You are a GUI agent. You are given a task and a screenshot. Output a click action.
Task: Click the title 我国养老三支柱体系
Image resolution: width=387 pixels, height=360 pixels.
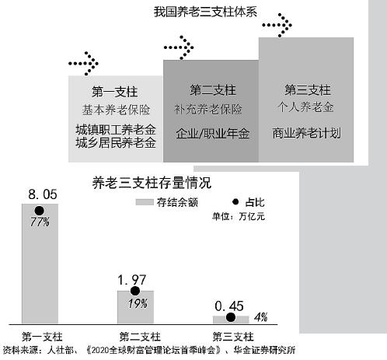205,12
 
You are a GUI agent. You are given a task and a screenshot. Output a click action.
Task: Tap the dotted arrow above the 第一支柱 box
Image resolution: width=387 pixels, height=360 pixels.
83,64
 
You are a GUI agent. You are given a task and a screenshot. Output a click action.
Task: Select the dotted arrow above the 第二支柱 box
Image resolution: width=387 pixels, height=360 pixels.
179,47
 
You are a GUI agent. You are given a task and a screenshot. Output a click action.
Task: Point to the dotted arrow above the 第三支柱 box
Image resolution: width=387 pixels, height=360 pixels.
277,25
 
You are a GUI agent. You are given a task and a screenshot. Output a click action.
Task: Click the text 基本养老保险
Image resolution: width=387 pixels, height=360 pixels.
116,110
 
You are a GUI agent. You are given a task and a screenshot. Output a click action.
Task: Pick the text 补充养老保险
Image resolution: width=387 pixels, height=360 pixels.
208,109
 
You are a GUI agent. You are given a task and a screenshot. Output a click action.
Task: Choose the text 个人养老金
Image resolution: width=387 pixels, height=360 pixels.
305,107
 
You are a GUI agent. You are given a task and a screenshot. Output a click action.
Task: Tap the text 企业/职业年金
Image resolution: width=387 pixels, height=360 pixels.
212,133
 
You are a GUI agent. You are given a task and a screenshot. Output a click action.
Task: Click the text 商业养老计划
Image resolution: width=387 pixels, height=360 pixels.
306,133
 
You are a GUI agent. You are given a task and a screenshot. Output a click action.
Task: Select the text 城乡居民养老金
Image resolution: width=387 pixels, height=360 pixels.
116,143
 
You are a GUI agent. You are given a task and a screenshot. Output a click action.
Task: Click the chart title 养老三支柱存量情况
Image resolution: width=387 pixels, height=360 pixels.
152,183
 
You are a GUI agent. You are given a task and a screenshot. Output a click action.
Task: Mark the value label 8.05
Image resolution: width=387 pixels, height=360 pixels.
43,194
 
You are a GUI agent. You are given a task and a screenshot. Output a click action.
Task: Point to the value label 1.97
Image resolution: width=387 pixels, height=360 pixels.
132,280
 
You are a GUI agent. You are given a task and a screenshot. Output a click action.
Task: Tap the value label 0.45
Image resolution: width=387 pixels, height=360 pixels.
229,306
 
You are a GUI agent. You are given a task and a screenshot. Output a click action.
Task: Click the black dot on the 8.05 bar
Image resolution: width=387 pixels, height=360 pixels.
39,211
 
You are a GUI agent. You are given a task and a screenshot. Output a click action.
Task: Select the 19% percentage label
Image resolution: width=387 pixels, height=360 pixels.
138,303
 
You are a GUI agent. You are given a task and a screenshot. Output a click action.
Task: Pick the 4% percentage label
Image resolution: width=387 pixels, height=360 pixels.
261,317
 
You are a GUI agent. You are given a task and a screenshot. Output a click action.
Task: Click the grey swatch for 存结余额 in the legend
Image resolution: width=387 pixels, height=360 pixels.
145,202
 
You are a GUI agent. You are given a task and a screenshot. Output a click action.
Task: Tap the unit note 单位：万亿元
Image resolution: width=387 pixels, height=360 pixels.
239,216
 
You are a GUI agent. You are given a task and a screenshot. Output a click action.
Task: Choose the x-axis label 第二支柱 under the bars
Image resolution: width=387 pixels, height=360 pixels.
140,337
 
